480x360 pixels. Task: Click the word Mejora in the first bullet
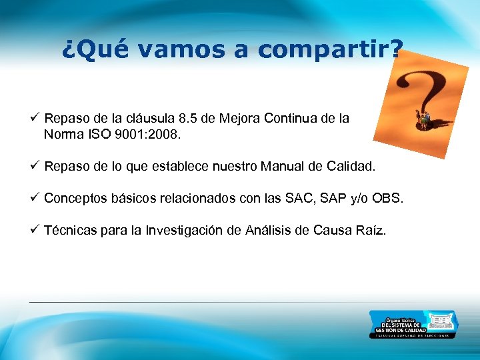[239, 119]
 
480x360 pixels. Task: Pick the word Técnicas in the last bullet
[72, 231]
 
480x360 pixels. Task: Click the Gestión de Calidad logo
[413, 324]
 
